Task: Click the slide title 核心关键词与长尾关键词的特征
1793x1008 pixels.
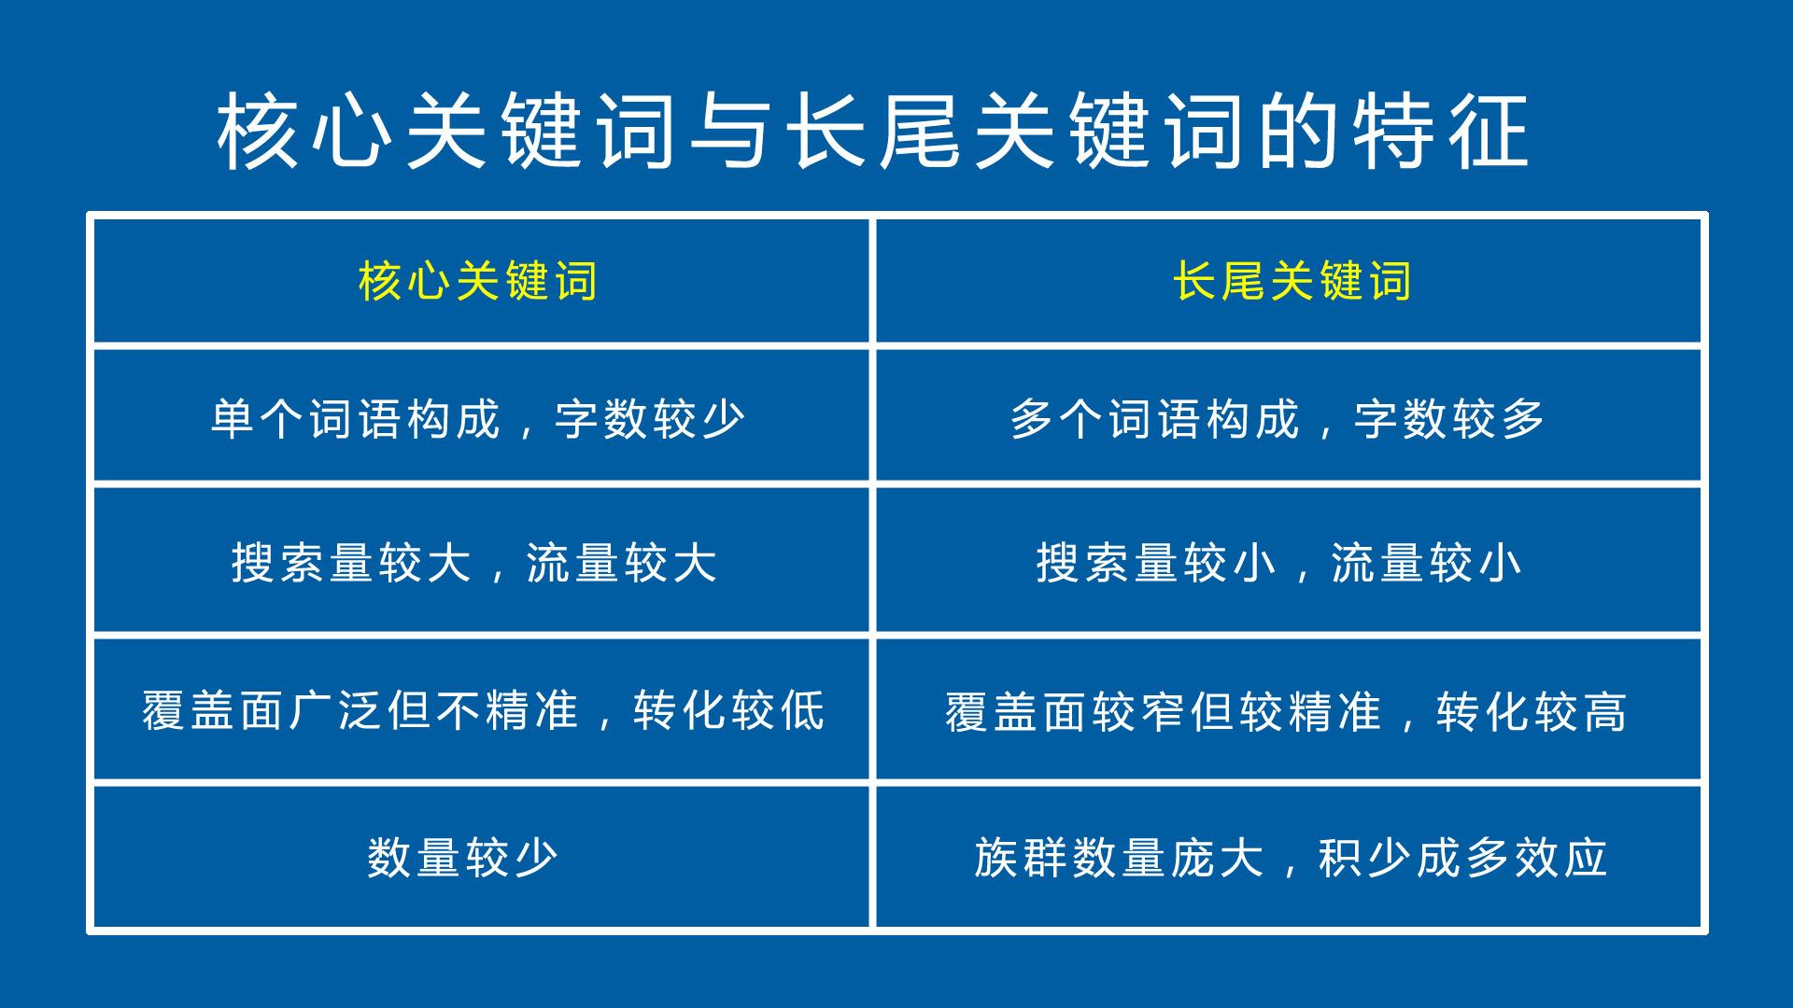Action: (873, 131)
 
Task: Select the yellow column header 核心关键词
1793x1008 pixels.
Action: (478, 281)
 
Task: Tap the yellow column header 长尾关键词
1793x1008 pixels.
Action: (1292, 281)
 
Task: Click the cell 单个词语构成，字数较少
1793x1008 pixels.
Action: (478, 418)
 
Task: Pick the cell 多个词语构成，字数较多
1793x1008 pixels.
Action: (1278, 418)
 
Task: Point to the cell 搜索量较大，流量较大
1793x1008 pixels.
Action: (474, 563)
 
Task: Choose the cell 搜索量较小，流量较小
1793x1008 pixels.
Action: (1279, 563)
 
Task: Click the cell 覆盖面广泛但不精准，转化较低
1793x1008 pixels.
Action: (484, 710)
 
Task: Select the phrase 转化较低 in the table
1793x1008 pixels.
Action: (729, 710)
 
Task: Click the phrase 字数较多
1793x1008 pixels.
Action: (1450, 418)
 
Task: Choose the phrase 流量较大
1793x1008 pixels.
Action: (622, 563)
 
